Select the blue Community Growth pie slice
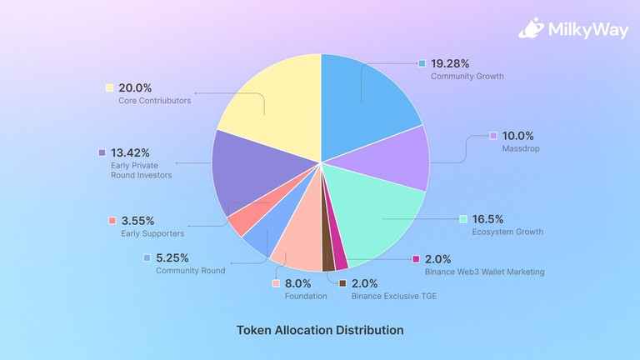click(367, 100)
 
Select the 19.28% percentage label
click(450, 63)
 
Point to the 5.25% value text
click(173, 257)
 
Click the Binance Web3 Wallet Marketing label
click(485, 272)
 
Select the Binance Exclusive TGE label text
click(393, 297)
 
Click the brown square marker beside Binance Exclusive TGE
click(342, 283)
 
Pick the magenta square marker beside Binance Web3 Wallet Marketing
click(417, 259)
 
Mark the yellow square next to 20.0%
click(109, 87)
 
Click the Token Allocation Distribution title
click(320, 330)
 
